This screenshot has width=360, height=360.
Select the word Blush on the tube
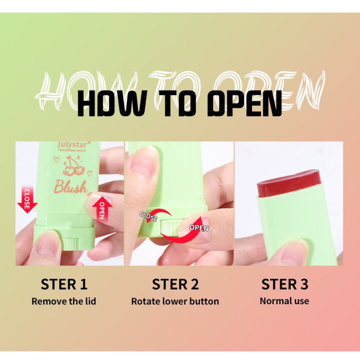click(71, 187)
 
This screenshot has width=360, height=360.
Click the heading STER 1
click(64, 284)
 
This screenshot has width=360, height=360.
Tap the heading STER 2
click(175, 284)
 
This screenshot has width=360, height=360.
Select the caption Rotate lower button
click(175, 301)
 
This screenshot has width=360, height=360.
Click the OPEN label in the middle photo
click(198, 227)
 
